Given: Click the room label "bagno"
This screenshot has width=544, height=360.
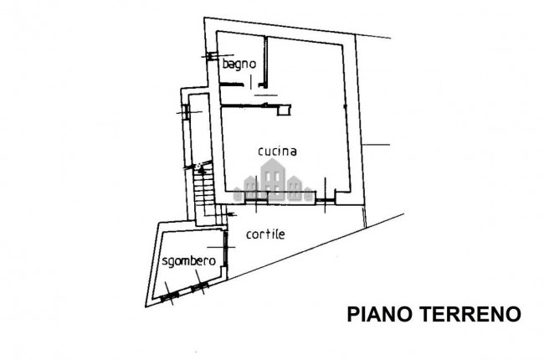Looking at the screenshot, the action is click(239, 64).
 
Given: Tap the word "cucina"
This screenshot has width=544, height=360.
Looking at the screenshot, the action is click(278, 152).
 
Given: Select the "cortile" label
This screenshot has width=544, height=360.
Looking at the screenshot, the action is click(265, 234).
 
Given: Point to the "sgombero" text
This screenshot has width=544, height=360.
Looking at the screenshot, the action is click(189, 261).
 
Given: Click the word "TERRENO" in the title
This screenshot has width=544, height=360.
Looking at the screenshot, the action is click(471, 314).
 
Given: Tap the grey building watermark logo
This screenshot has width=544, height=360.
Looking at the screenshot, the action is click(274, 181).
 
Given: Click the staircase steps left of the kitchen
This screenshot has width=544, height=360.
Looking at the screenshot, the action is click(205, 194).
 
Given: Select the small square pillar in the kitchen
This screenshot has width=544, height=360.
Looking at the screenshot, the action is click(284, 111).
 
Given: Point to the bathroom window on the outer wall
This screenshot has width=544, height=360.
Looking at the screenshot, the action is click(211, 56).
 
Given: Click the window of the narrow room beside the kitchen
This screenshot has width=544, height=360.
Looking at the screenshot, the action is click(185, 112).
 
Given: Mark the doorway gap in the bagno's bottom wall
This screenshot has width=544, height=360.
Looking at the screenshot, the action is click(250, 84).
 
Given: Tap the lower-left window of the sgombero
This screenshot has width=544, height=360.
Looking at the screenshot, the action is click(170, 297).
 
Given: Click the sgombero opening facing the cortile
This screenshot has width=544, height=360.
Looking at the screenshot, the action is click(225, 249).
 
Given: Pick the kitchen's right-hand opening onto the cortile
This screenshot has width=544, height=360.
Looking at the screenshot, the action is click(325, 200).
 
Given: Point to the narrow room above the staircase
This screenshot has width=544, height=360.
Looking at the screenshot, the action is click(199, 129).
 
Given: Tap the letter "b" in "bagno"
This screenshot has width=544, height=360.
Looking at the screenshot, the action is click(225, 64).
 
